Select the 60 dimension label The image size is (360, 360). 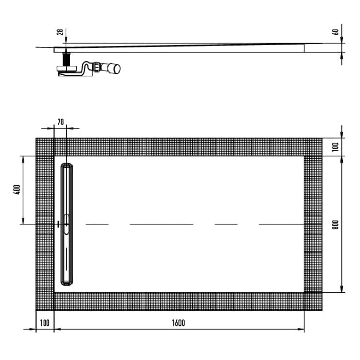(x=335, y=32)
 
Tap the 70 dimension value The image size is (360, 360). (x=60, y=122)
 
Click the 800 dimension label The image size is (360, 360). (x=335, y=225)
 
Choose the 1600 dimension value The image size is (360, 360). (x=178, y=323)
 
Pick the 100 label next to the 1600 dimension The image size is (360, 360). (x=44, y=323)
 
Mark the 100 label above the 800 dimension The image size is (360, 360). (x=335, y=147)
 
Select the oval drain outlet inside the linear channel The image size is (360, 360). (x=67, y=224)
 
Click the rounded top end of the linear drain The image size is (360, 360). (x=67, y=166)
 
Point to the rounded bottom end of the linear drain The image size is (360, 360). (x=67, y=282)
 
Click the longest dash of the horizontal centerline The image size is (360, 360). (x=161, y=224)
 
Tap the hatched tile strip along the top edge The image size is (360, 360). (x=178, y=147)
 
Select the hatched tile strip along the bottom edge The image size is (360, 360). (x=178, y=301)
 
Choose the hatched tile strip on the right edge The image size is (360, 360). (x=313, y=224)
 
